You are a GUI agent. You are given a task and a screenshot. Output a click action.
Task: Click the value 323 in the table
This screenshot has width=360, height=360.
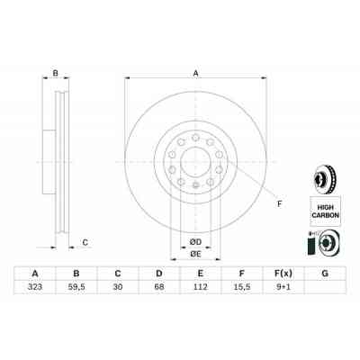[x=35, y=290]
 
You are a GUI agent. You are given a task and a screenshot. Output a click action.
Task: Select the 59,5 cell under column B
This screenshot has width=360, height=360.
[x=78, y=290]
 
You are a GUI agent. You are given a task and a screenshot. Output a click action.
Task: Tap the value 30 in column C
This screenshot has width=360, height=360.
[x=118, y=290]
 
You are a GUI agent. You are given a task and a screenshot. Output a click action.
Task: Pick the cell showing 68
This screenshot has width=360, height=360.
[x=158, y=290]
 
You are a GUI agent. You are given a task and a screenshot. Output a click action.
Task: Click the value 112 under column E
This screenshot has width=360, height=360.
[x=200, y=290]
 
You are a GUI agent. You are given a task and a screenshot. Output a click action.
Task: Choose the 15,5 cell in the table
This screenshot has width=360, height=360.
[x=240, y=290]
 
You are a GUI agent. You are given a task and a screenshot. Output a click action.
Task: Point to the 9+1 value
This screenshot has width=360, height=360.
[x=282, y=290]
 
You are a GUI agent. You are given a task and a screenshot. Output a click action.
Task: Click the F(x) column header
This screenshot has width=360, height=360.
[x=282, y=274]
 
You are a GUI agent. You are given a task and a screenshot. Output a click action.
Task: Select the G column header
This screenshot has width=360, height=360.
[x=323, y=274]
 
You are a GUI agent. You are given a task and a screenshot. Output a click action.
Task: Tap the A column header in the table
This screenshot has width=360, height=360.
[x=35, y=274]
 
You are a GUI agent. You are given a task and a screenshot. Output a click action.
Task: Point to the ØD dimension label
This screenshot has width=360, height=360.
[x=193, y=241]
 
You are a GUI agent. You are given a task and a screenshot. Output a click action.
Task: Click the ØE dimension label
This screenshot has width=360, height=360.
[x=193, y=254]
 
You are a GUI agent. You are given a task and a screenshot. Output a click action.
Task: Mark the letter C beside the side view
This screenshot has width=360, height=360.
[x=85, y=241]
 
